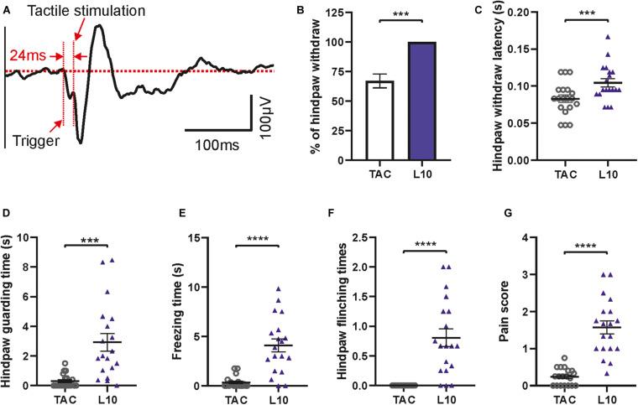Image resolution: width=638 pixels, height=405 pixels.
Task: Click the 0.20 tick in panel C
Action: point(494,13)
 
